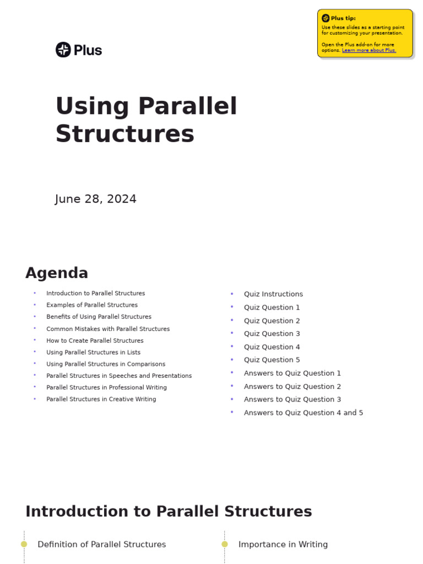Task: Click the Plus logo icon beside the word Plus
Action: pyautogui.click(x=63, y=50)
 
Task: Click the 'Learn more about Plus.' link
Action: pyautogui.click(x=368, y=50)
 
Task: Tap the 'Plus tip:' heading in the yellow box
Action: pyautogui.click(x=343, y=18)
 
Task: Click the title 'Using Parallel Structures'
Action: pyautogui.click(x=146, y=120)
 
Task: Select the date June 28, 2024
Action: pyautogui.click(x=96, y=199)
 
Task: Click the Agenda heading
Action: pyautogui.click(x=57, y=273)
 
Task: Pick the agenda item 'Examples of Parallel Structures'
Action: pyautogui.click(x=92, y=305)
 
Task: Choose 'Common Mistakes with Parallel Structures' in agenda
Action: pyautogui.click(x=108, y=329)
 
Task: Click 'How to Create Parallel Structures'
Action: pyautogui.click(x=95, y=340)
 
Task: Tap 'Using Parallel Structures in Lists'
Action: pyautogui.click(x=93, y=352)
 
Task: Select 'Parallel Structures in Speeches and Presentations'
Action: pyautogui.click(x=119, y=376)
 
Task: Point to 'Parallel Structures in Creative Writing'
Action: pyautogui.click(x=101, y=399)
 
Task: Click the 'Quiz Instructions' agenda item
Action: pyautogui.click(x=273, y=294)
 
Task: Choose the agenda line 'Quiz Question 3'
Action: pyautogui.click(x=272, y=334)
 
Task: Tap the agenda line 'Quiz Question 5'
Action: pyautogui.click(x=272, y=360)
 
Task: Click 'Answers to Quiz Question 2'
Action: pyautogui.click(x=292, y=387)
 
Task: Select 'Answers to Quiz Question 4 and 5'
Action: pyautogui.click(x=303, y=413)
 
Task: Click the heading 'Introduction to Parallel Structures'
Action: pyautogui.click(x=169, y=511)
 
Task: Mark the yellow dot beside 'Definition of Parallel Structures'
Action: pyautogui.click(x=24, y=544)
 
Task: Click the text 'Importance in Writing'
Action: pyautogui.click(x=283, y=544)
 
